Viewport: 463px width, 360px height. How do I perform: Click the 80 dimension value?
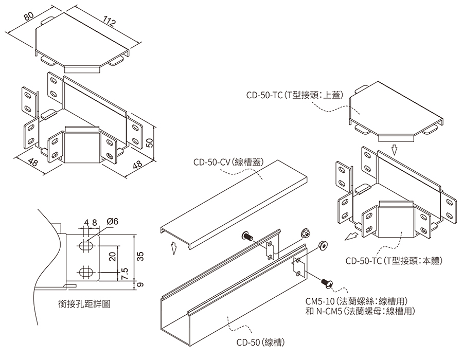pos(29,16)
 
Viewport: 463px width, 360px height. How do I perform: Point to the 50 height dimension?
pos(150,143)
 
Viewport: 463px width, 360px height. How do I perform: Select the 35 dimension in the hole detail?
pos(140,256)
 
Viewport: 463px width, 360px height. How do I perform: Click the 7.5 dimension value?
pos(124,274)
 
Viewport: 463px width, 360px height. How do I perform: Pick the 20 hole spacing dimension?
pos(113,257)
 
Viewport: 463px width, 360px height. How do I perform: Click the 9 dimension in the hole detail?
pos(140,284)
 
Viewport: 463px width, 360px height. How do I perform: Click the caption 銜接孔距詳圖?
pos(84,303)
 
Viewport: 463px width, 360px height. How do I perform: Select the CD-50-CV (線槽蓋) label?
pos(228,162)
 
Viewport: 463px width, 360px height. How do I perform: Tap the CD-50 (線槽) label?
pos(260,343)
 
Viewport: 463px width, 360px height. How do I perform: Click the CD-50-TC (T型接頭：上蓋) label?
pos(295,95)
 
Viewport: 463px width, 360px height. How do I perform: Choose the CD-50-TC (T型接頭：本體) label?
pos(394,261)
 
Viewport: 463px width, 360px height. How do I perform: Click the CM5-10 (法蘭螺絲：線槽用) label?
pos(357,301)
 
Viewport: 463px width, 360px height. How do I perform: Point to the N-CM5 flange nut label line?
pos(360,311)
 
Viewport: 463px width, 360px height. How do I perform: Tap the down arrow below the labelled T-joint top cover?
pos(395,150)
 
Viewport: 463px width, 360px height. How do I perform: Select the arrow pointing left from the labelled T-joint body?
pos(351,237)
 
